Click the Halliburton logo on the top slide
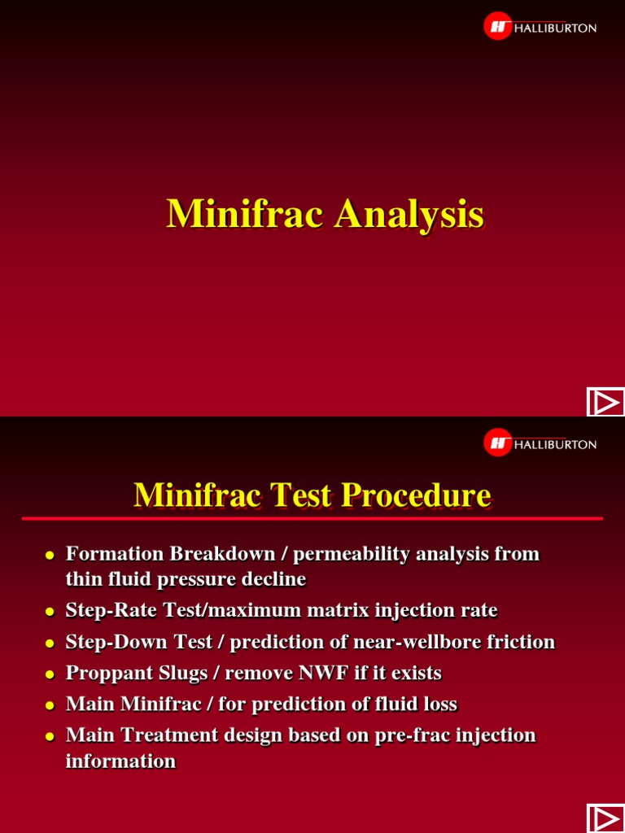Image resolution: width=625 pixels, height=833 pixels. [x=540, y=27]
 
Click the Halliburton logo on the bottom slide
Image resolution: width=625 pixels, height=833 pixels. [x=540, y=443]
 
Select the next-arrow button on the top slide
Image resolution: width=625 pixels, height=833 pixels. [x=605, y=403]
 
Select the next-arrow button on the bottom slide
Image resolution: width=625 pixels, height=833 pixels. [x=605, y=819]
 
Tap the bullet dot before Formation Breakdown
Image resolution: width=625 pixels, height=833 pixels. [x=49, y=556]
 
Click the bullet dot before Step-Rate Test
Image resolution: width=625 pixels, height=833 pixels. [x=49, y=612]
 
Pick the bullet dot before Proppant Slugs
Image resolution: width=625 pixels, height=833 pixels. [x=49, y=674]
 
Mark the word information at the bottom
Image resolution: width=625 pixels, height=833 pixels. [x=120, y=761]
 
